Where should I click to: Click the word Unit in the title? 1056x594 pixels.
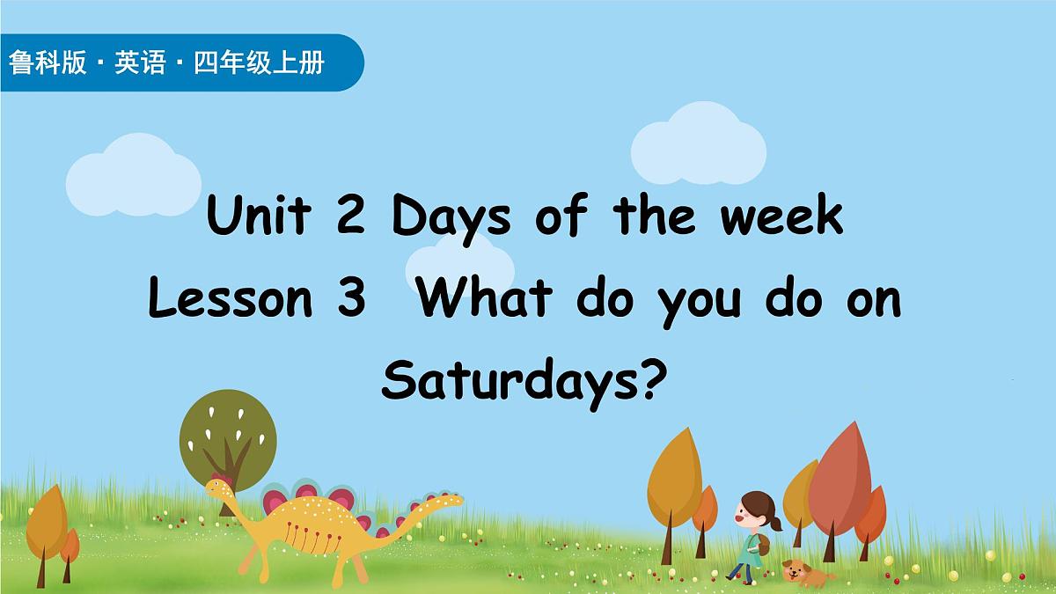click(258, 216)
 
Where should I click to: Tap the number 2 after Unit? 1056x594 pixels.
click(350, 216)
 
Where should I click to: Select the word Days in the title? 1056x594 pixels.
click(451, 218)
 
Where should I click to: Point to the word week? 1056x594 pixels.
click(782, 216)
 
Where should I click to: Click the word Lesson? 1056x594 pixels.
click(231, 299)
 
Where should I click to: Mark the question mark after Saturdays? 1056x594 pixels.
click(646, 382)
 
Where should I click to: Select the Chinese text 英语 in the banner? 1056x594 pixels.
click(140, 63)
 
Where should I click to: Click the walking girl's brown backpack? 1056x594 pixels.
click(763, 546)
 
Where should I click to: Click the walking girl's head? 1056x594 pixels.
click(755, 509)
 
